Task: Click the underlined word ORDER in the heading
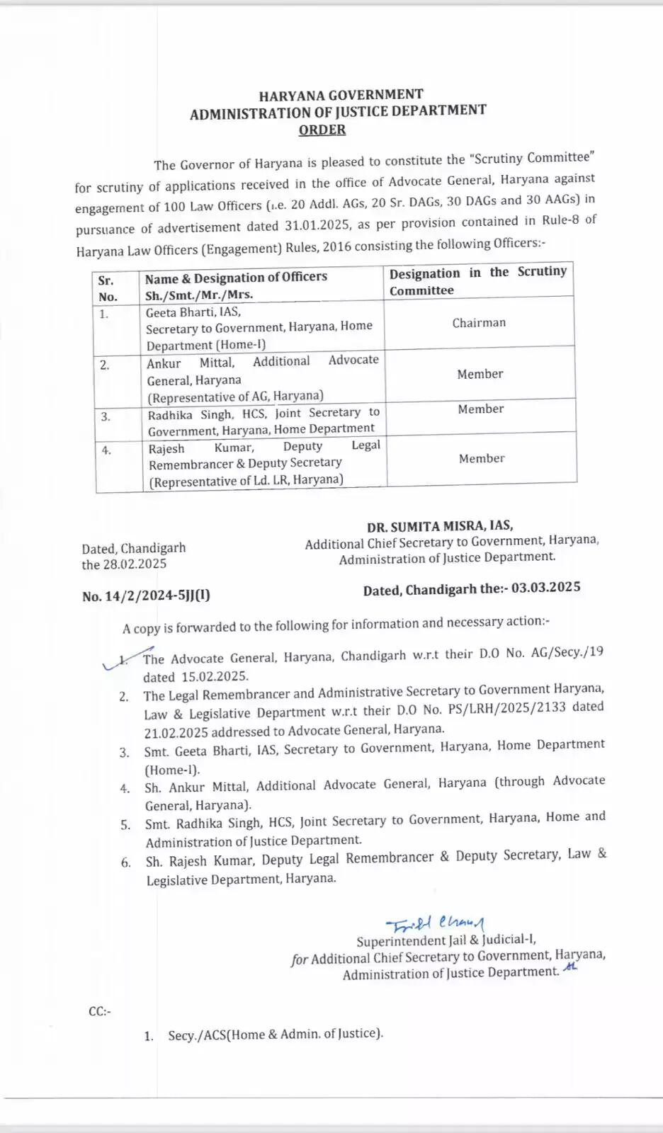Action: point(322,130)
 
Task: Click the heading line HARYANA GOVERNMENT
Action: point(341,95)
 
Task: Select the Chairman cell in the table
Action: point(479,323)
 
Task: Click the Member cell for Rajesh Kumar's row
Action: point(482,459)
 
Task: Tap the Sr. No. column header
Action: point(108,288)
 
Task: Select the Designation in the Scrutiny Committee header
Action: point(478,281)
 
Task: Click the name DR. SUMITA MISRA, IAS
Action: point(440,526)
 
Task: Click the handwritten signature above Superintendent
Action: point(435,923)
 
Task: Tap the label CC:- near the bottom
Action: point(100,1011)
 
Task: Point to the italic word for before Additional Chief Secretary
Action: point(300,960)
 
